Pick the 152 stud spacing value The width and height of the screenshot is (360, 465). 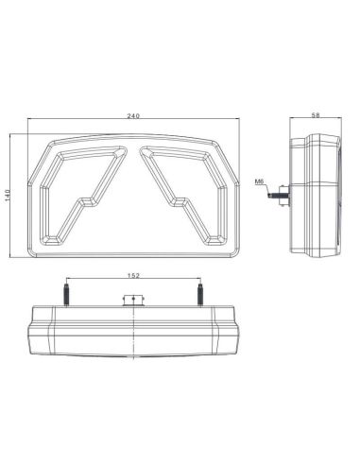(x=134, y=277)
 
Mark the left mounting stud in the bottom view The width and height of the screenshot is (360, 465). (x=67, y=294)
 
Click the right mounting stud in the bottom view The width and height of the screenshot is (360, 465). (x=201, y=294)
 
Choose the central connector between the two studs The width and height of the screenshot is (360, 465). (x=134, y=301)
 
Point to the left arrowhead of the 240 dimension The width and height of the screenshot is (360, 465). (x=28, y=120)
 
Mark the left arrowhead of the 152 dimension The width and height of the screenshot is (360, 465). (x=69, y=282)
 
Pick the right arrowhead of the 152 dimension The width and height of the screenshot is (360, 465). (x=199, y=282)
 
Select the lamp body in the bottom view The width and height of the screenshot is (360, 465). (x=134, y=331)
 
